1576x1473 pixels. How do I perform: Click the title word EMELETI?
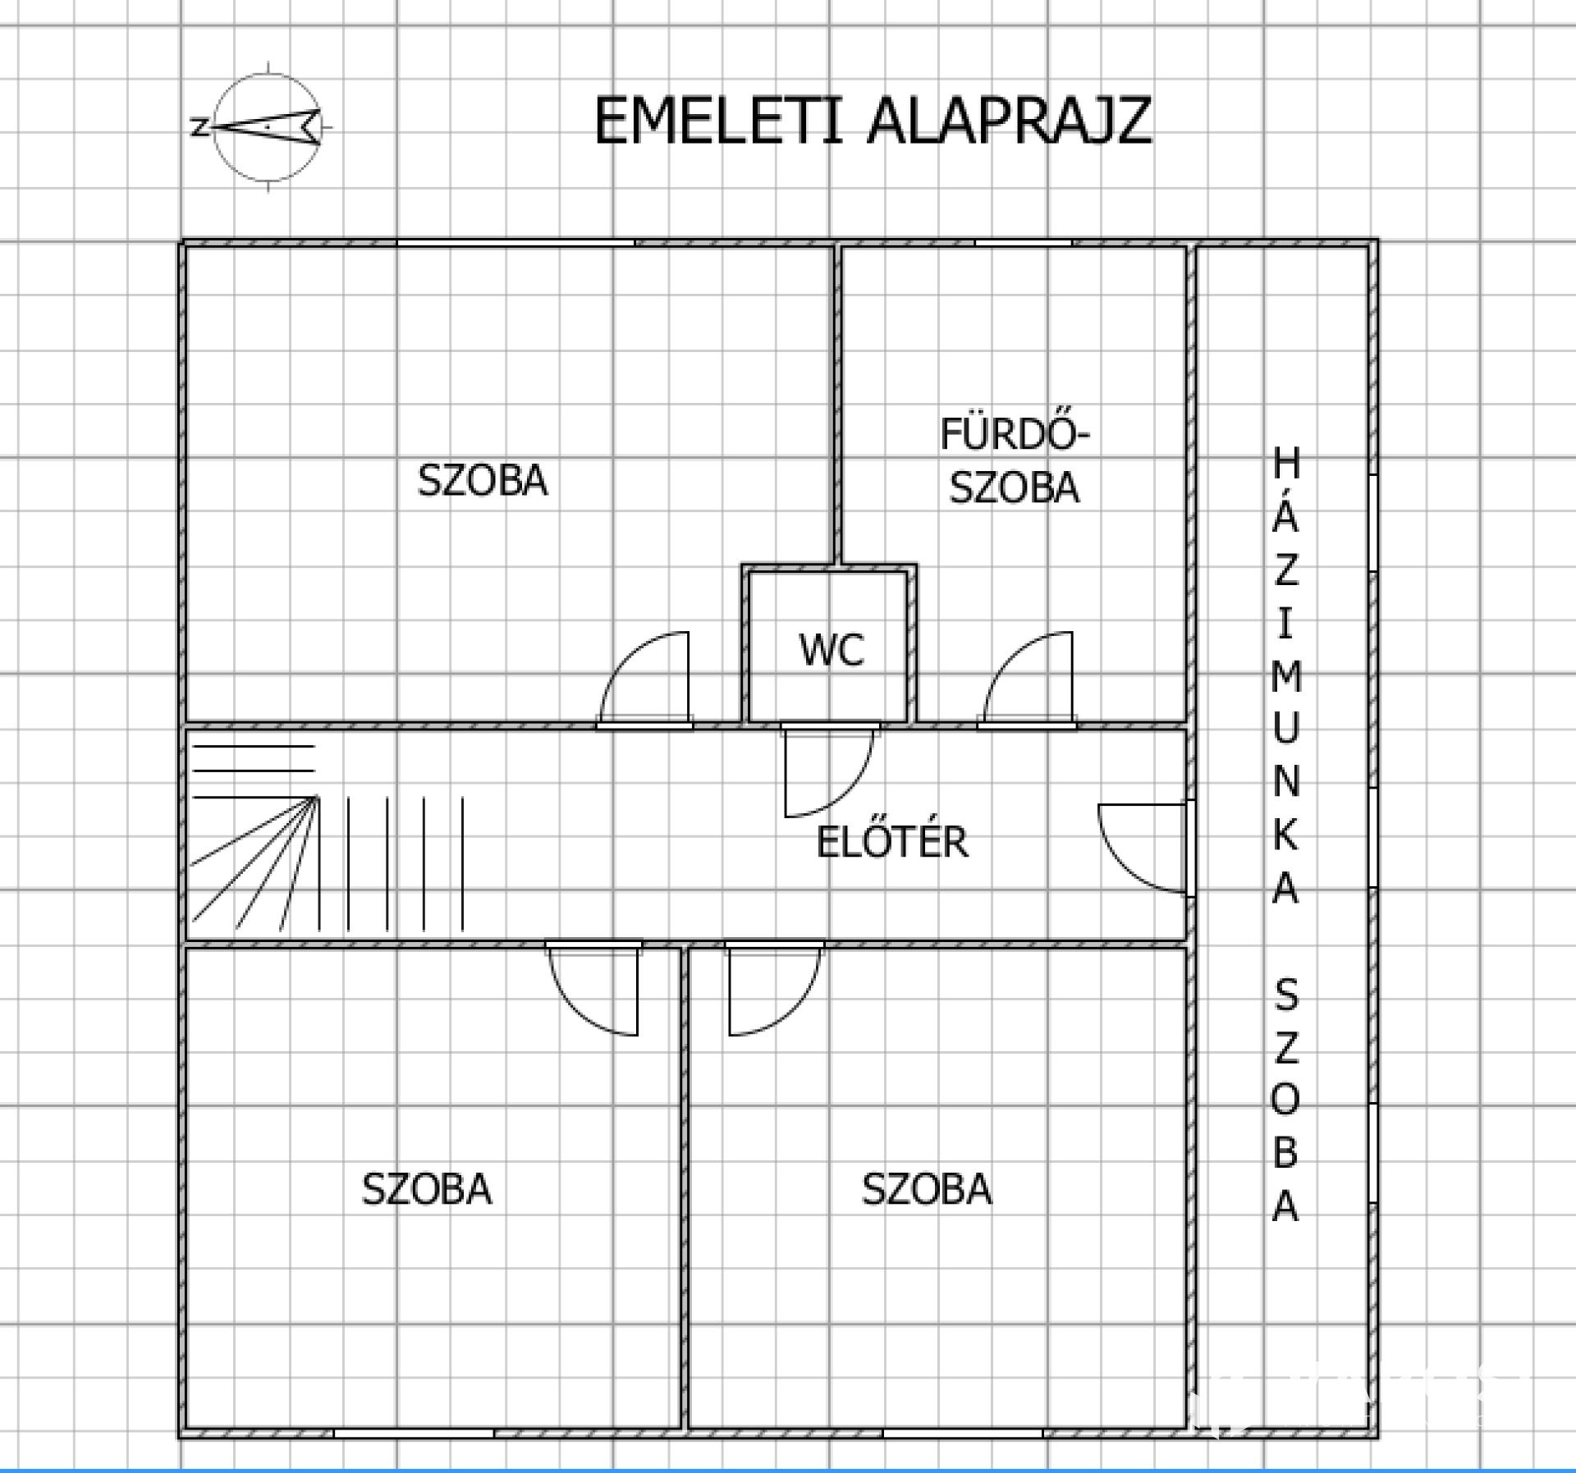(x=719, y=121)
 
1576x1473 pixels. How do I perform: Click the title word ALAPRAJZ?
(x=1010, y=121)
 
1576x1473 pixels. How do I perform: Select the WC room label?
(x=832, y=650)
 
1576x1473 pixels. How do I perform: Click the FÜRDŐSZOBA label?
(x=1015, y=460)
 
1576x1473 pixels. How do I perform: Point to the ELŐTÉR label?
(x=892, y=842)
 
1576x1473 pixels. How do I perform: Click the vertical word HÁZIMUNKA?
(x=1285, y=675)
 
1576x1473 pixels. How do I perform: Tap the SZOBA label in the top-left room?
(x=483, y=480)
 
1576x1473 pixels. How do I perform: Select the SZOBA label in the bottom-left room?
(x=427, y=1189)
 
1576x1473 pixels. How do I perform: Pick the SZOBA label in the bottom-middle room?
(x=927, y=1189)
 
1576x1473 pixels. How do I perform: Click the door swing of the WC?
(x=830, y=770)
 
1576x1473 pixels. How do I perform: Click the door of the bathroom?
(x=1027, y=679)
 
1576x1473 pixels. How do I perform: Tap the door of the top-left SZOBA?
(x=644, y=679)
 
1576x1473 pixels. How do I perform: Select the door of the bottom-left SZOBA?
(x=593, y=989)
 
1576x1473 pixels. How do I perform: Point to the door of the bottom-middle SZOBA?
(x=775, y=989)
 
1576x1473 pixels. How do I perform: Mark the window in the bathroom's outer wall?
(x=1024, y=243)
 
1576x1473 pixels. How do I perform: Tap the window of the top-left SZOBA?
(x=515, y=243)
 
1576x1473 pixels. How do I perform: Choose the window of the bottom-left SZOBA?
(x=414, y=1433)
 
